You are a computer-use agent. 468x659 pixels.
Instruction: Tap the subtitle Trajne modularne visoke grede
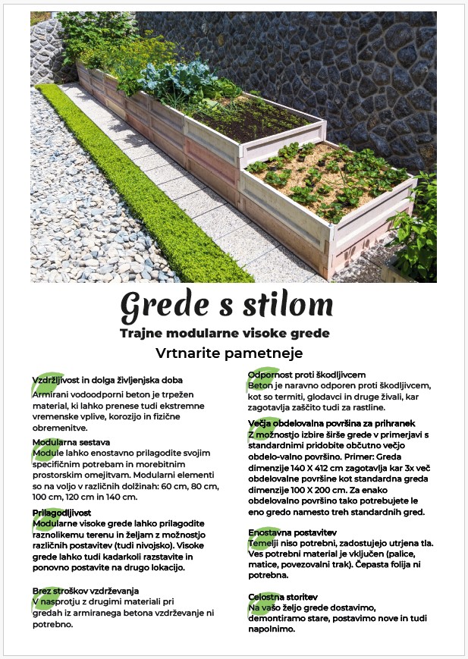click(x=225, y=333)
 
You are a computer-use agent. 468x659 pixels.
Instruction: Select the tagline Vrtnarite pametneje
click(x=228, y=353)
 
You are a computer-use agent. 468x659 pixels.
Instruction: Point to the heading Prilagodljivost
click(x=61, y=513)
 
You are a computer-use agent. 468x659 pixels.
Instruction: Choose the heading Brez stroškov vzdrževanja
click(x=86, y=590)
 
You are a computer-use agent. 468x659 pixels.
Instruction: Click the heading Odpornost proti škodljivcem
click(x=306, y=375)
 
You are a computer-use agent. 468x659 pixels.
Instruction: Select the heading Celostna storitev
click(x=282, y=598)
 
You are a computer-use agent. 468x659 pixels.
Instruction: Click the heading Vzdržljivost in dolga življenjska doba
click(x=107, y=379)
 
